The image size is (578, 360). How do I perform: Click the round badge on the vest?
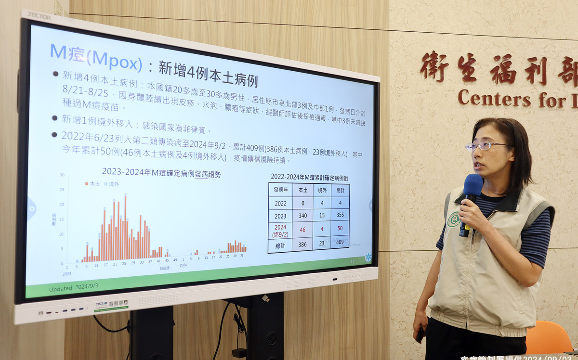tap(453, 219)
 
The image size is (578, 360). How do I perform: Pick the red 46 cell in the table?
tap(303, 230)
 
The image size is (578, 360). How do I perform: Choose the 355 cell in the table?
tap(340, 215)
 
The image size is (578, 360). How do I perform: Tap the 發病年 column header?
tap(280, 190)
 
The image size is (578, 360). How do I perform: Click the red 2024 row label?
tap(280, 230)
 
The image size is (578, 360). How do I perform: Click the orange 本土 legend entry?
tap(93, 184)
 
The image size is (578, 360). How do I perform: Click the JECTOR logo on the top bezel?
tap(39, 15)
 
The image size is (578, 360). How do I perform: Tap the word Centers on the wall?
tap(494, 99)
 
